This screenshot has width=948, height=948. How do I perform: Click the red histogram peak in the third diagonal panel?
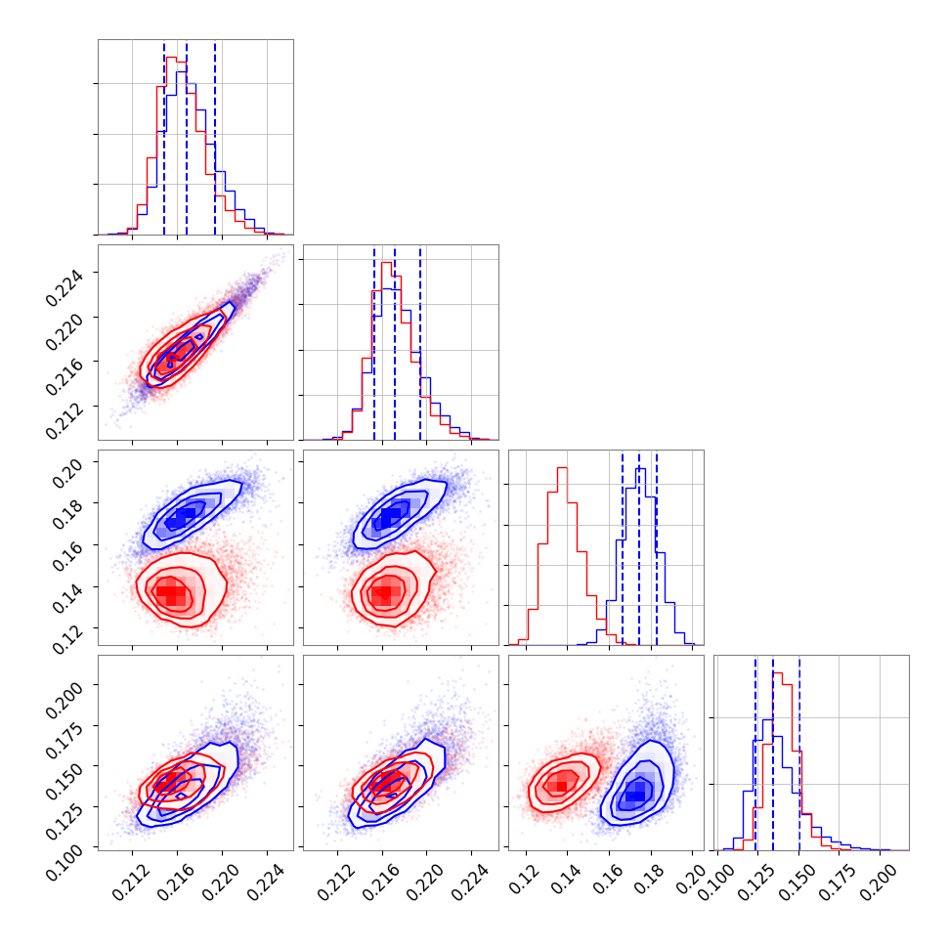[x=562, y=468]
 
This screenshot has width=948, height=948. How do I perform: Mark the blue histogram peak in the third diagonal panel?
[x=640, y=470]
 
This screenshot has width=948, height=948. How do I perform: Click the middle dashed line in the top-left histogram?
[x=187, y=137]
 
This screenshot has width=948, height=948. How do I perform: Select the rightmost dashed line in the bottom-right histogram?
[x=799, y=753]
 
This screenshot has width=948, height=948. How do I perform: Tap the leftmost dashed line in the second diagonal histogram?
[x=374, y=342]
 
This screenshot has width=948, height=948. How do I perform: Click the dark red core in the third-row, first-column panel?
[x=171, y=593]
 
